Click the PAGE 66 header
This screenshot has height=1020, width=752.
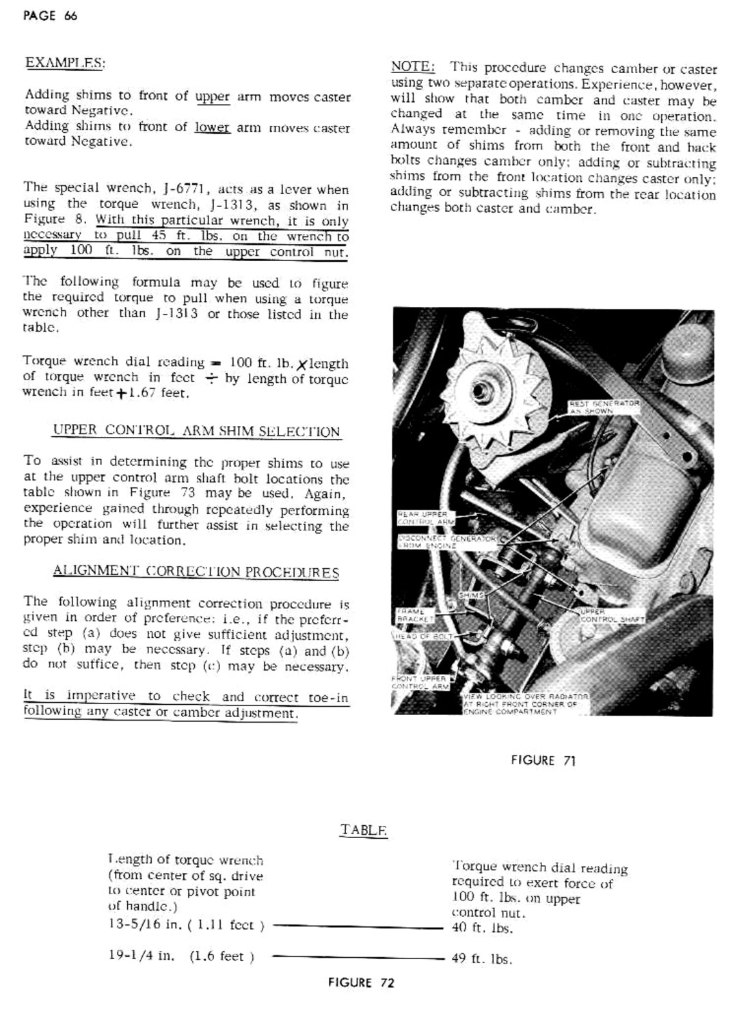(x=50, y=16)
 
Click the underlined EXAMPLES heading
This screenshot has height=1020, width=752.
(x=65, y=63)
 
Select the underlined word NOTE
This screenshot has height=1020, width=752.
(x=412, y=66)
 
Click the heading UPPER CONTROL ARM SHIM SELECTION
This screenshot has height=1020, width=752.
(x=196, y=431)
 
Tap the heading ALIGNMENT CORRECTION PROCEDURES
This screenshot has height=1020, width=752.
(x=196, y=572)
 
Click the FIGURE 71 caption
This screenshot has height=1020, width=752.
(x=543, y=760)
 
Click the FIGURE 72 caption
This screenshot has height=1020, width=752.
(x=361, y=982)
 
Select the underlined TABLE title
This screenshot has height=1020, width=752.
(x=363, y=830)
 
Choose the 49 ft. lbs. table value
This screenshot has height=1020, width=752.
(x=481, y=958)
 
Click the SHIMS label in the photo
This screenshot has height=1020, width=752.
(x=471, y=595)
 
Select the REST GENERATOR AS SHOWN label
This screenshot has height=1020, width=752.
(x=603, y=407)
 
